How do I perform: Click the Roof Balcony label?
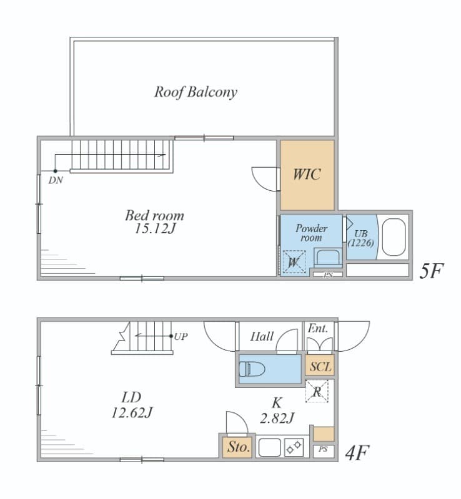(196, 92)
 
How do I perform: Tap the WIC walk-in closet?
(307, 175)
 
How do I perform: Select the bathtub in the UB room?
(394, 237)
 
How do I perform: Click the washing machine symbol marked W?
(294, 262)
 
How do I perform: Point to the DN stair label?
(56, 180)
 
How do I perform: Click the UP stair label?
(181, 336)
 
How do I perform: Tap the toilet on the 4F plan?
(252, 369)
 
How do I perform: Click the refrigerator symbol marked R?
(317, 392)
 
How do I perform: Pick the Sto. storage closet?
(238, 447)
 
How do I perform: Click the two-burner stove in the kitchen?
(294, 447)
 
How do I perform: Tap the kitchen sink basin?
(269, 447)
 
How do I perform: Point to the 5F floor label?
(431, 271)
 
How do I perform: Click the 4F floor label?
(357, 453)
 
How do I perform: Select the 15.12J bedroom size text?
(155, 228)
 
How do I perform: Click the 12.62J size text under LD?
(132, 413)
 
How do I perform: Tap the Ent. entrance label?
(317, 329)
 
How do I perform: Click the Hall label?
(262, 336)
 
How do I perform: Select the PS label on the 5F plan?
(328, 275)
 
